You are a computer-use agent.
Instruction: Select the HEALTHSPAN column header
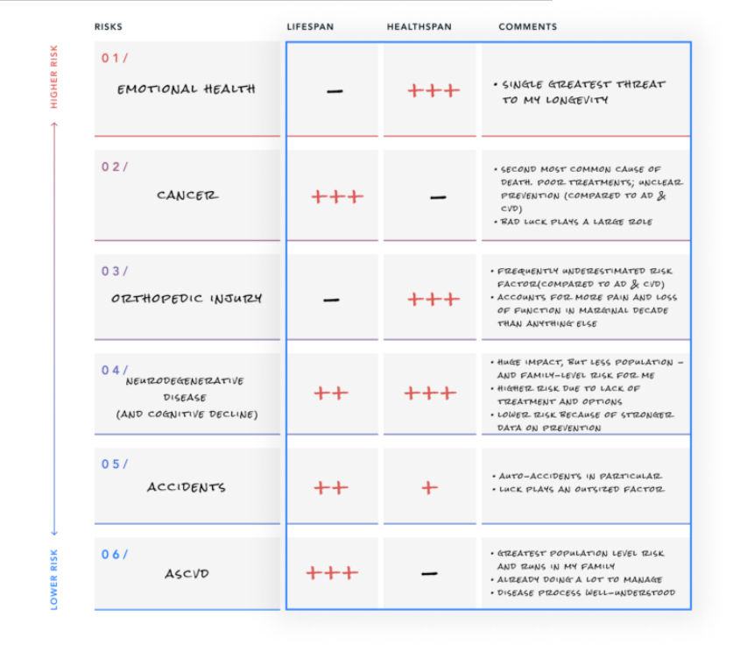tap(419, 27)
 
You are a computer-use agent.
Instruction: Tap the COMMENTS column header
tap(527, 27)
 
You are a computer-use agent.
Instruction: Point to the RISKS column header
tap(109, 27)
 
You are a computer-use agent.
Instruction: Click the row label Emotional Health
tap(187, 89)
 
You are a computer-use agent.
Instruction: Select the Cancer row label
tap(187, 195)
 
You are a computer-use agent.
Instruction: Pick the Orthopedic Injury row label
tap(186, 299)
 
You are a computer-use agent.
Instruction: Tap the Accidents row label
tap(186, 487)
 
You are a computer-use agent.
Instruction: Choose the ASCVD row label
tap(187, 575)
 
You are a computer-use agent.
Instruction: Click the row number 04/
tap(114, 371)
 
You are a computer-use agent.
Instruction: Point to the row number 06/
tap(114, 554)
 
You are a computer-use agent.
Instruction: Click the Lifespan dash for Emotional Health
tap(334, 91)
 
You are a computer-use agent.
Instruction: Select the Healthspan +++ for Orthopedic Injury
tap(433, 300)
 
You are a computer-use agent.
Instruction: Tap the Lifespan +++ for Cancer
tap(336, 197)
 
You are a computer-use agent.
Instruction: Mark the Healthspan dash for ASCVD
tap(429, 574)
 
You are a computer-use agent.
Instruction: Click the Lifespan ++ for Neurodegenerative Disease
tap(331, 393)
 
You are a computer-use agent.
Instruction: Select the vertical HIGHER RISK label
tap(54, 79)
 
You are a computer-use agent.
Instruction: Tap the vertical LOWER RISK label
tap(54, 578)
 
